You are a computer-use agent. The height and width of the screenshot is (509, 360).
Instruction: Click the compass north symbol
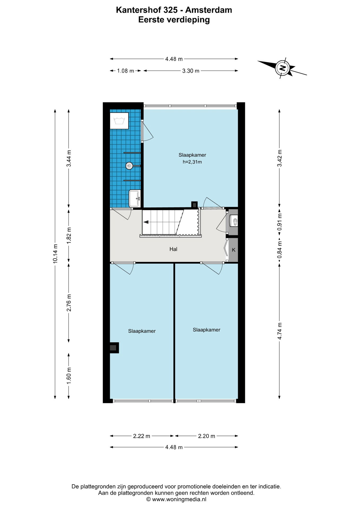283,68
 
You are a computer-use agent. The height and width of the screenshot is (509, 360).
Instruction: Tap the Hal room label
173,249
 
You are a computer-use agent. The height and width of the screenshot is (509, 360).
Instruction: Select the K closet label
234,250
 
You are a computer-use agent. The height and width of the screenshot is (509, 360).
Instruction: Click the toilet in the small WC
234,221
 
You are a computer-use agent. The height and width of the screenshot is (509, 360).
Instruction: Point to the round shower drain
129,166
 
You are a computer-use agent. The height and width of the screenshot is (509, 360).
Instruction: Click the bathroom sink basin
135,199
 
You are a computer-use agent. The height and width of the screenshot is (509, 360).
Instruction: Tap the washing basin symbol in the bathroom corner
119,121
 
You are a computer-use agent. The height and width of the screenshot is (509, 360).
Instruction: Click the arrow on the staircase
146,222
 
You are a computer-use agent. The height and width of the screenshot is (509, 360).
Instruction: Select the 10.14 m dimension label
55,253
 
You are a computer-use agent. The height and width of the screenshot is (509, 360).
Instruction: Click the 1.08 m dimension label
126,71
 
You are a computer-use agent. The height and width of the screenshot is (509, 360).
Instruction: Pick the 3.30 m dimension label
191,71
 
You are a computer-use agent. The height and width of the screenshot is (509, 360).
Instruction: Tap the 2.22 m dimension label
142,436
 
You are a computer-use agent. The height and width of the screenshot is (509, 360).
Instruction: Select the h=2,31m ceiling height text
192,162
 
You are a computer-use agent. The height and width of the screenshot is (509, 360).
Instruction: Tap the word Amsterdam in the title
209,10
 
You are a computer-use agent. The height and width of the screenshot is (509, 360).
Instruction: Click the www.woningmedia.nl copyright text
176,499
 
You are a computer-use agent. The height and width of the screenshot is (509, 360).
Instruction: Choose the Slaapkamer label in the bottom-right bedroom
207,330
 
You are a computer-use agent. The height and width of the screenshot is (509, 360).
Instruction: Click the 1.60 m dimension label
69,376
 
